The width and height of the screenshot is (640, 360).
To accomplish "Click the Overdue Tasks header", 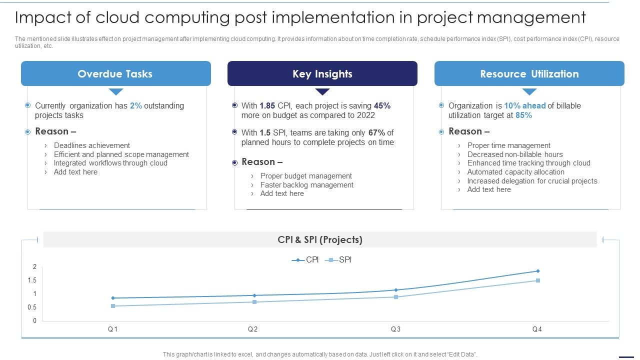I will (x=115, y=74).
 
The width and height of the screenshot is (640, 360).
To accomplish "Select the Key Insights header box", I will (x=322, y=74).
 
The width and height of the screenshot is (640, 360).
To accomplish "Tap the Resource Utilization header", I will (x=529, y=74).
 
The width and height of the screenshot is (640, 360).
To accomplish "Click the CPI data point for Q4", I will (x=538, y=271).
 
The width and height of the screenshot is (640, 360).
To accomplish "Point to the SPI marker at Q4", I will (x=538, y=280).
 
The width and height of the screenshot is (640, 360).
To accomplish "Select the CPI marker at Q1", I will (x=113, y=298).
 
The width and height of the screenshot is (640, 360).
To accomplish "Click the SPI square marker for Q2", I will (x=254, y=302).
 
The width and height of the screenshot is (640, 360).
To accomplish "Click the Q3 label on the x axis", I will (x=395, y=329).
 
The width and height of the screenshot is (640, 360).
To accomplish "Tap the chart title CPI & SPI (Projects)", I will (x=320, y=240).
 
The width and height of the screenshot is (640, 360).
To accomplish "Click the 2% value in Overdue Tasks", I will (x=136, y=106).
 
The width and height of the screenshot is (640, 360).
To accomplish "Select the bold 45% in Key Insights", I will (x=382, y=106).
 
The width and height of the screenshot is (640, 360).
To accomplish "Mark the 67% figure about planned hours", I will (x=376, y=133).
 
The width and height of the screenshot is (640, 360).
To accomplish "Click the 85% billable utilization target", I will (x=523, y=115).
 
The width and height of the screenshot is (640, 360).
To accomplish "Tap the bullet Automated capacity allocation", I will (x=515, y=172).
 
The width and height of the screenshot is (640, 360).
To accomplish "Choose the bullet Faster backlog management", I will (x=306, y=185).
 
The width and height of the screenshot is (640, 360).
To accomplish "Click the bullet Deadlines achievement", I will (x=92, y=145).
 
